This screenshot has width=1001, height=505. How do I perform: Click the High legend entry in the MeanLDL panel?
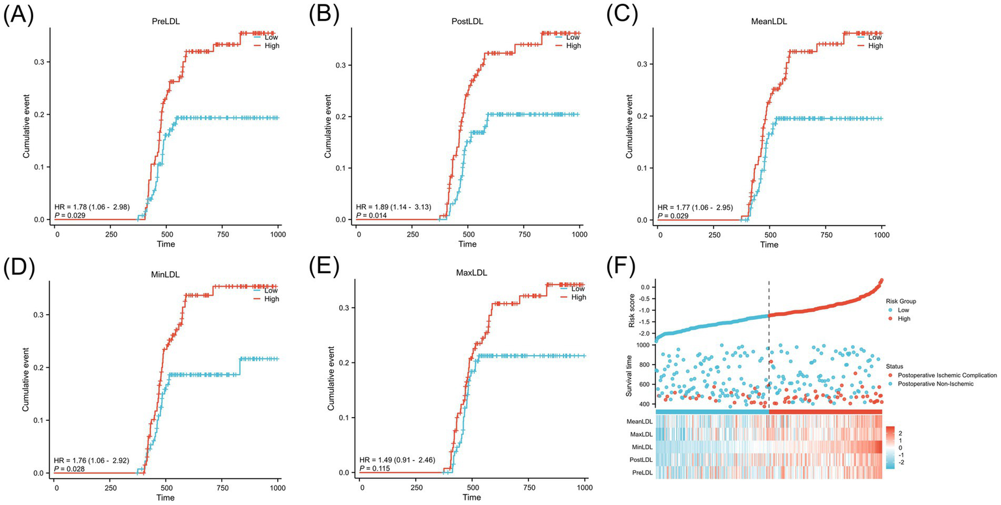click(x=876, y=46)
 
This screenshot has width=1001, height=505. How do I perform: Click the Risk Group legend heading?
click(x=901, y=302)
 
